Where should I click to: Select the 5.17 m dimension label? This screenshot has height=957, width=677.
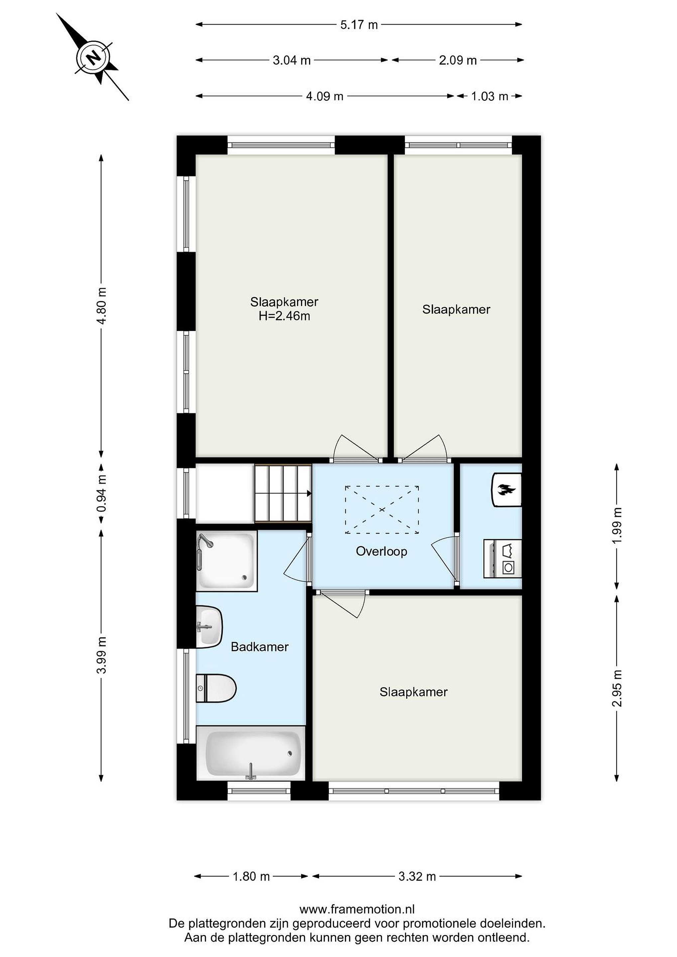pyautogui.click(x=359, y=25)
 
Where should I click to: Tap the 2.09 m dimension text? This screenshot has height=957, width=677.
pyautogui.click(x=458, y=60)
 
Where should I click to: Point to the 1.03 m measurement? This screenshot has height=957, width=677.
pyautogui.click(x=490, y=96)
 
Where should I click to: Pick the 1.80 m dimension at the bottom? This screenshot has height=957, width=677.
pyautogui.click(x=251, y=876)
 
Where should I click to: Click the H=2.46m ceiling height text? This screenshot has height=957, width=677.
pyautogui.click(x=284, y=316)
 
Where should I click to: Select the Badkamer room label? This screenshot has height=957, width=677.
pyautogui.click(x=260, y=647)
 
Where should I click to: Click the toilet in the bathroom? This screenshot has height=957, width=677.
pyautogui.click(x=216, y=688)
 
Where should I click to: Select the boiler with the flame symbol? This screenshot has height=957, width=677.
pyautogui.click(x=507, y=490)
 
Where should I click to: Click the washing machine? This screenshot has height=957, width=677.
pyautogui.click(x=503, y=559)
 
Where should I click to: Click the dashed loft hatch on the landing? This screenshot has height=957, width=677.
pyautogui.click(x=382, y=510)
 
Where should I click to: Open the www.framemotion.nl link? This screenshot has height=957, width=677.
pyautogui.click(x=357, y=909)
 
